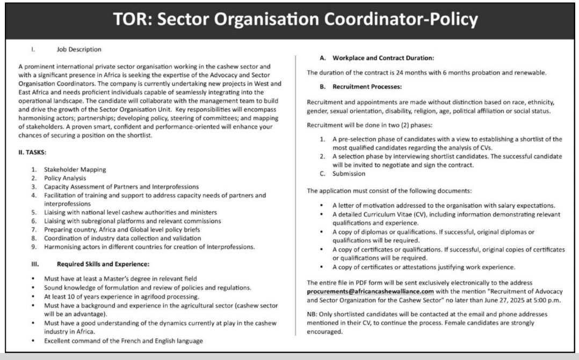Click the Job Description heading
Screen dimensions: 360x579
click(x=79, y=49)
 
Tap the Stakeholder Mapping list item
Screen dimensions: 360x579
click(x=75, y=170)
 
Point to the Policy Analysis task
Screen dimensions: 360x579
click(x=64, y=178)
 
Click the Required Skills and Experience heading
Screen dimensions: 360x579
click(x=103, y=264)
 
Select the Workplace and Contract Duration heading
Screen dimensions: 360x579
click(x=383, y=57)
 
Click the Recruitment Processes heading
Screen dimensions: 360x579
click(x=367, y=86)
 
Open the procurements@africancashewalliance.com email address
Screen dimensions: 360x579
click(x=363, y=291)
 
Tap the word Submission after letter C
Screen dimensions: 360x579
click(x=349, y=174)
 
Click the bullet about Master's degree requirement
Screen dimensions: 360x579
click(x=120, y=279)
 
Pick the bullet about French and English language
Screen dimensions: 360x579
click(x=124, y=341)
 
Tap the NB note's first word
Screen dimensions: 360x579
click(x=312, y=314)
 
